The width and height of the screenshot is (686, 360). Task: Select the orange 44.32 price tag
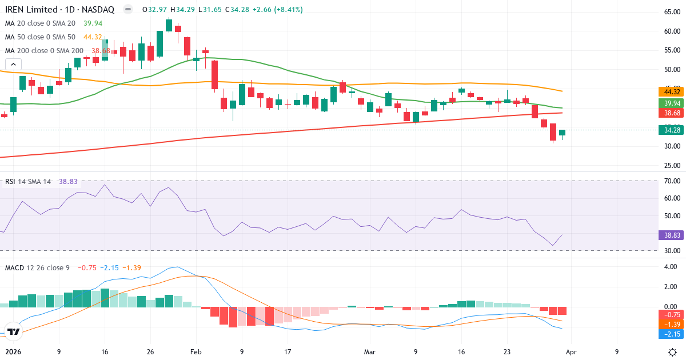(672, 92)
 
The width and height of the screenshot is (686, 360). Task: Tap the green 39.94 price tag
(672, 103)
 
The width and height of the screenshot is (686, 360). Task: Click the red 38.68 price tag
(672, 114)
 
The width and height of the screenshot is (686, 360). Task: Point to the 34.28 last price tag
(672, 130)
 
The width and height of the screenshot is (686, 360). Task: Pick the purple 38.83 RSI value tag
(672, 235)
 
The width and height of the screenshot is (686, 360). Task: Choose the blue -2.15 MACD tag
(672, 334)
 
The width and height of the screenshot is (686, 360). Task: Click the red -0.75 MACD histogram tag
(672, 314)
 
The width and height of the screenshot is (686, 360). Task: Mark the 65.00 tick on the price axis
(672, 12)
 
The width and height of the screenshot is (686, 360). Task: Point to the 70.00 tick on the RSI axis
(672, 181)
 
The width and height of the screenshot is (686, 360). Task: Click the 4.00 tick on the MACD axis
(672, 266)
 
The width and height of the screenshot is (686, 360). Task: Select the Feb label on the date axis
(196, 352)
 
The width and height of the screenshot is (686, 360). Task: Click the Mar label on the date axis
(370, 352)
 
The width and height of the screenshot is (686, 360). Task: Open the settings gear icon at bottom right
(673, 352)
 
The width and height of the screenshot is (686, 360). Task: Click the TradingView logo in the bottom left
(14, 331)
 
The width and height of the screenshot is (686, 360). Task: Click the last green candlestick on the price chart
(562, 133)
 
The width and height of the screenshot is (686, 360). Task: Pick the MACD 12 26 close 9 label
(37, 268)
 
